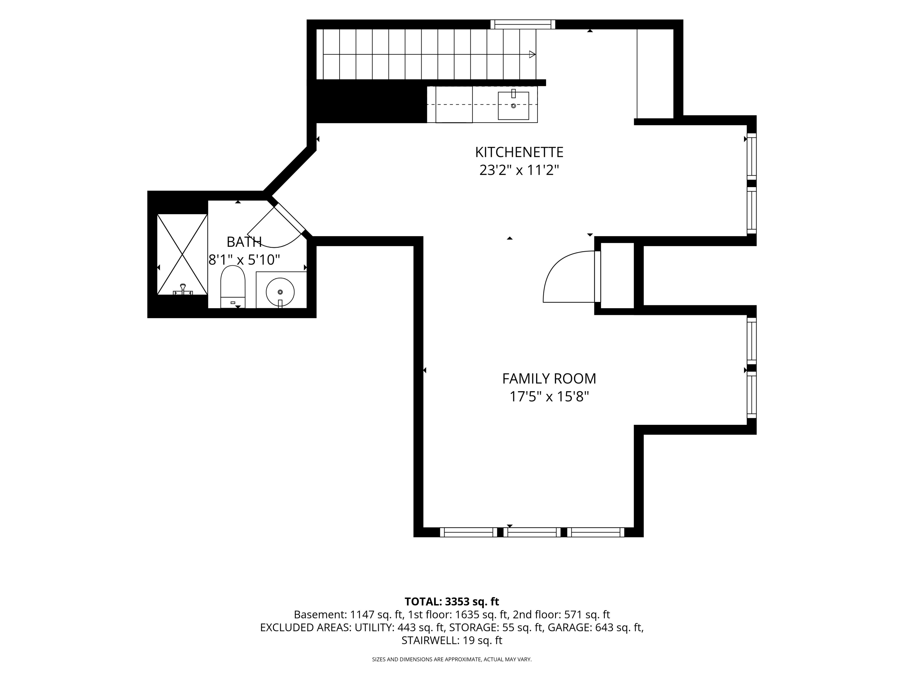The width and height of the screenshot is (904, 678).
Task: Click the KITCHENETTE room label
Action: click(519, 152)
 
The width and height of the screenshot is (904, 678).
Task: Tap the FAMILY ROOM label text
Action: click(549, 379)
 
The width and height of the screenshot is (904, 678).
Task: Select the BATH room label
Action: click(244, 242)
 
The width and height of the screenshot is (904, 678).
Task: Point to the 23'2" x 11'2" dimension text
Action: click(519, 170)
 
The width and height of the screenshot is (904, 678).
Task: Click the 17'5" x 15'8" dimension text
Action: click(549, 397)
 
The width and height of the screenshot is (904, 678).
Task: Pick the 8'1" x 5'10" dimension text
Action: click(244, 259)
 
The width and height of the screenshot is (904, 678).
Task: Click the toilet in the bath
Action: click(233, 287)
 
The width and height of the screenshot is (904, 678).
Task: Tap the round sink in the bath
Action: click(280, 292)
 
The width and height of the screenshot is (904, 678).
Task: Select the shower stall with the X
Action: click(182, 254)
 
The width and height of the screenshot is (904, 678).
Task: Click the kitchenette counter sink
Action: click(513, 105)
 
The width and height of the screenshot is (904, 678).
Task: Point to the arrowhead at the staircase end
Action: click(532, 54)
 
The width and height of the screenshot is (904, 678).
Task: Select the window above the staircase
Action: click(523, 24)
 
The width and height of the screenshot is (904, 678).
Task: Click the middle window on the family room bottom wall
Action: click(532, 532)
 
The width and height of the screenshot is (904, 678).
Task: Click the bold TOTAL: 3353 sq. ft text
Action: click(452, 601)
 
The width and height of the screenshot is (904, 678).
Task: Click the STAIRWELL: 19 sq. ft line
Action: click(452, 640)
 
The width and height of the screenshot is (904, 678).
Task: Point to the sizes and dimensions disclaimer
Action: click(452, 659)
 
